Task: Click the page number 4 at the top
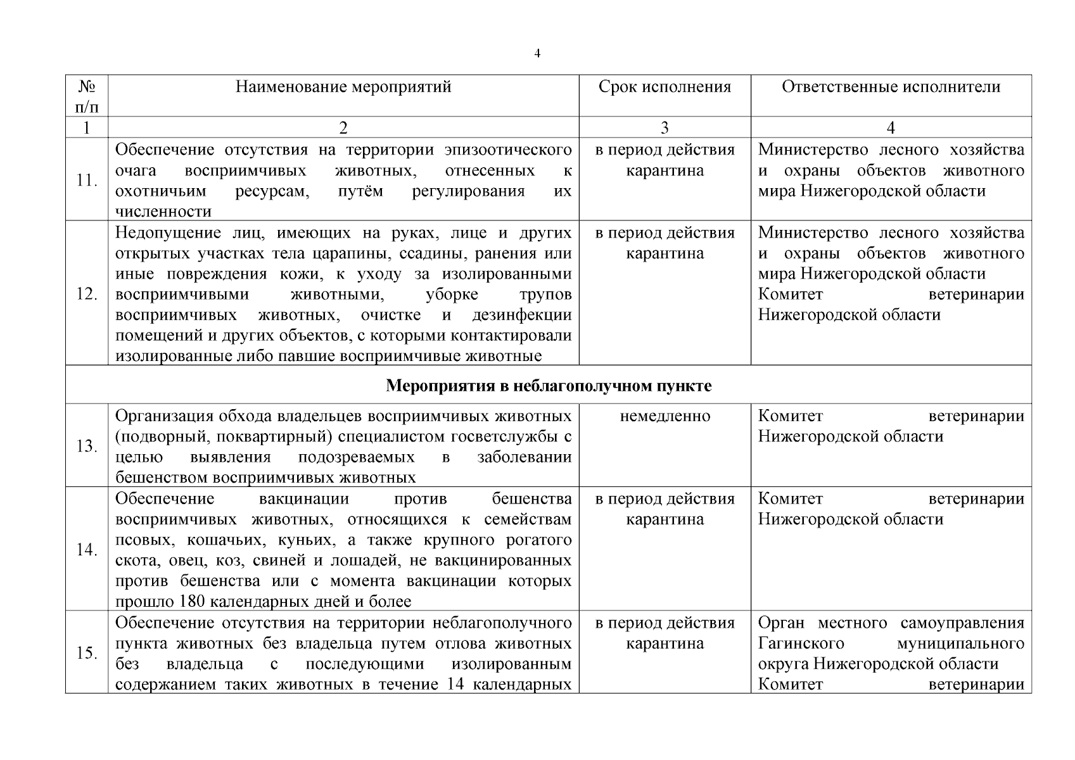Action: (537, 54)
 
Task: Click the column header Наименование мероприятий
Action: (343, 87)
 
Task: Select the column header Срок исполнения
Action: (665, 87)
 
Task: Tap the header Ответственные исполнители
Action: (891, 87)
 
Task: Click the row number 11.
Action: (86, 180)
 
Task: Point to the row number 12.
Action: (86, 294)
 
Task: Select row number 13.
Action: (86, 446)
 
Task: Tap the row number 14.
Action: (86, 550)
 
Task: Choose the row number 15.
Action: (86, 653)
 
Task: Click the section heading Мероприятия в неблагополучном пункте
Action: (549, 386)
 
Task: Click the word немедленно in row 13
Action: (665, 416)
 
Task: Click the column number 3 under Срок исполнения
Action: (664, 128)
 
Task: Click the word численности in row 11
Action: (163, 212)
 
